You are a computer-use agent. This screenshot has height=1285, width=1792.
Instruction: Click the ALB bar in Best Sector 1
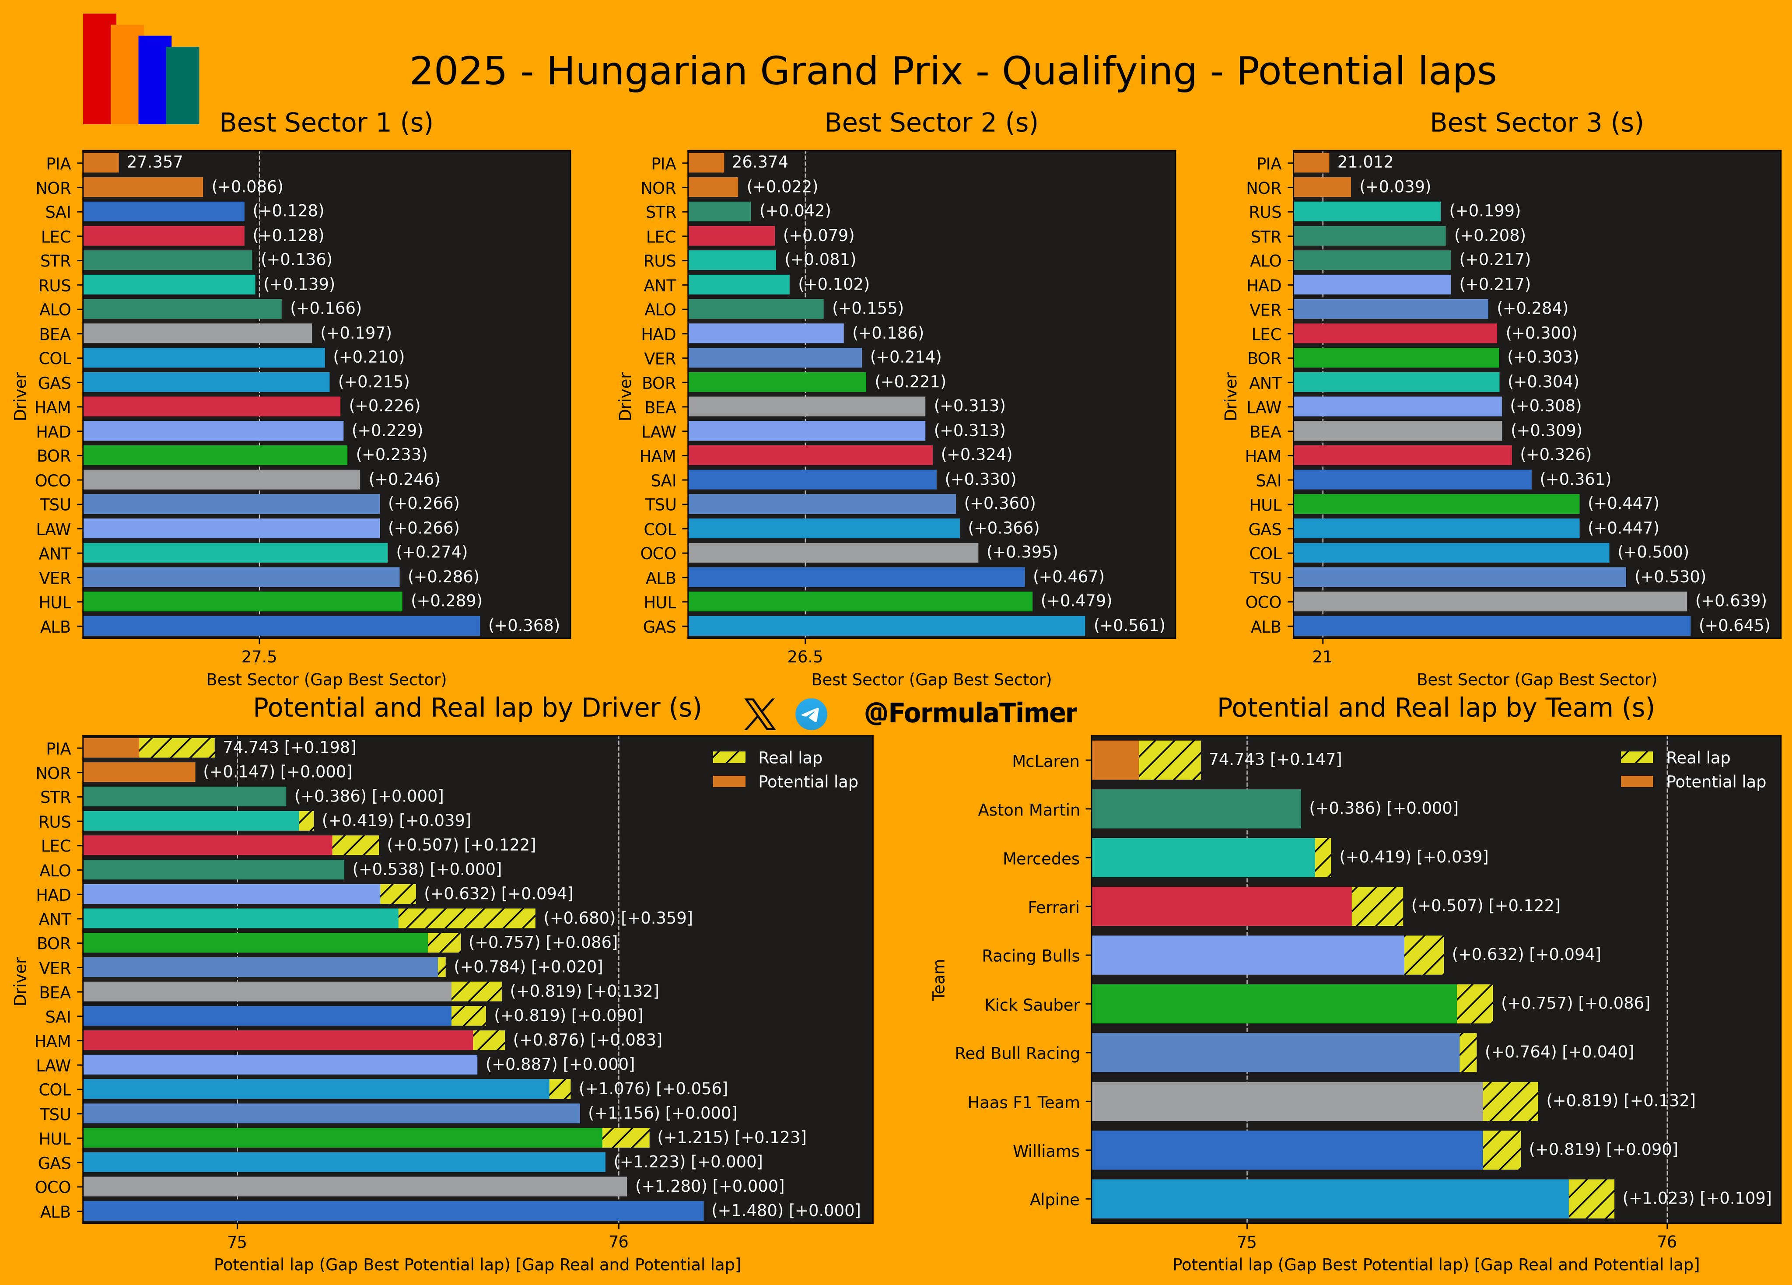(x=281, y=626)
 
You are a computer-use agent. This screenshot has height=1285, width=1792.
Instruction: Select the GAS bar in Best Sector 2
(x=886, y=626)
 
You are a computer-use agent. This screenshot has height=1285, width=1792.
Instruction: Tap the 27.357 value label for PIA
(x=155, y=162)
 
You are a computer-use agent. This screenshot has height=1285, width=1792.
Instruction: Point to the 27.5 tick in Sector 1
(x=259, y=657)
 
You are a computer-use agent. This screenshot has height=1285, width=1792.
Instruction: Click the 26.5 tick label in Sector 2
(x=805, y=657)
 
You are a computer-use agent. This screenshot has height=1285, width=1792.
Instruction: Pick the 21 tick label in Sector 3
(x=1323, y=657)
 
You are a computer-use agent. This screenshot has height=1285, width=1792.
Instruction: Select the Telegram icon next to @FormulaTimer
(x=812, y=714)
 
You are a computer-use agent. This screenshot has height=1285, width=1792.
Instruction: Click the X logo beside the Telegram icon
(x=759, y=714)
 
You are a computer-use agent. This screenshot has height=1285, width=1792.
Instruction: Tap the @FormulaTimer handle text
(x=970, y=713)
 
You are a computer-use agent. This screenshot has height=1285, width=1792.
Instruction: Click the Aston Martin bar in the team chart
(x=1196, y=809)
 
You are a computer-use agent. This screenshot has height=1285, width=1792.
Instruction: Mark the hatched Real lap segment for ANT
(x=467, y=918)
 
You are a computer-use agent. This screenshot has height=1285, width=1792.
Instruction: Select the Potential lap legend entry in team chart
(x=1693, y=781)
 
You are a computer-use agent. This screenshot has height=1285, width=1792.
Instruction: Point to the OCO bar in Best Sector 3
(x=1490, y=602)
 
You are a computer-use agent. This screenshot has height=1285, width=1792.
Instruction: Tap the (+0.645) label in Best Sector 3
(x=1734, y=626)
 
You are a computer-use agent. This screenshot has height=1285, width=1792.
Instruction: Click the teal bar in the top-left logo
(x=182, y=85)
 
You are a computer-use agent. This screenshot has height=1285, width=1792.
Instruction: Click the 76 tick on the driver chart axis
(x=619, y=1242)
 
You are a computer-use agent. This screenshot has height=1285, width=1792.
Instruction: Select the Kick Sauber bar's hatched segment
(x=1474, y=1004)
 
